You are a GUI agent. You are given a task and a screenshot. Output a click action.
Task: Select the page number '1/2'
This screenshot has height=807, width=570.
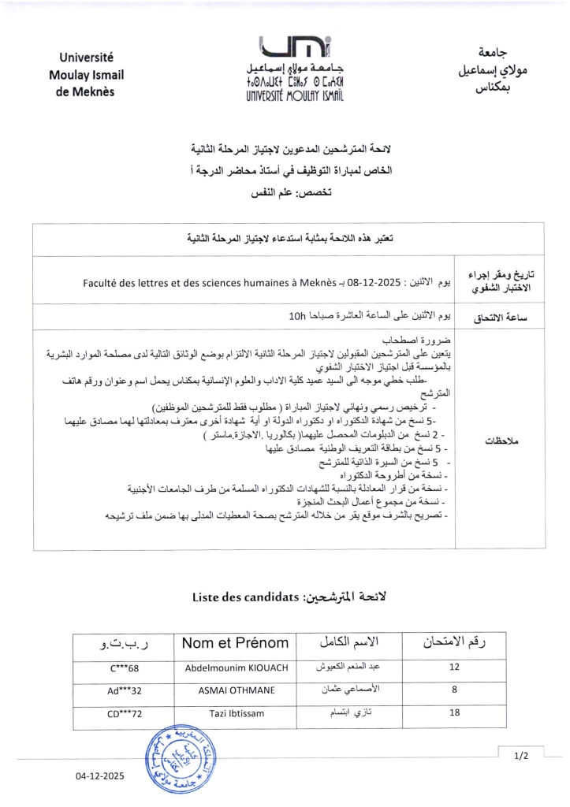521,757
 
